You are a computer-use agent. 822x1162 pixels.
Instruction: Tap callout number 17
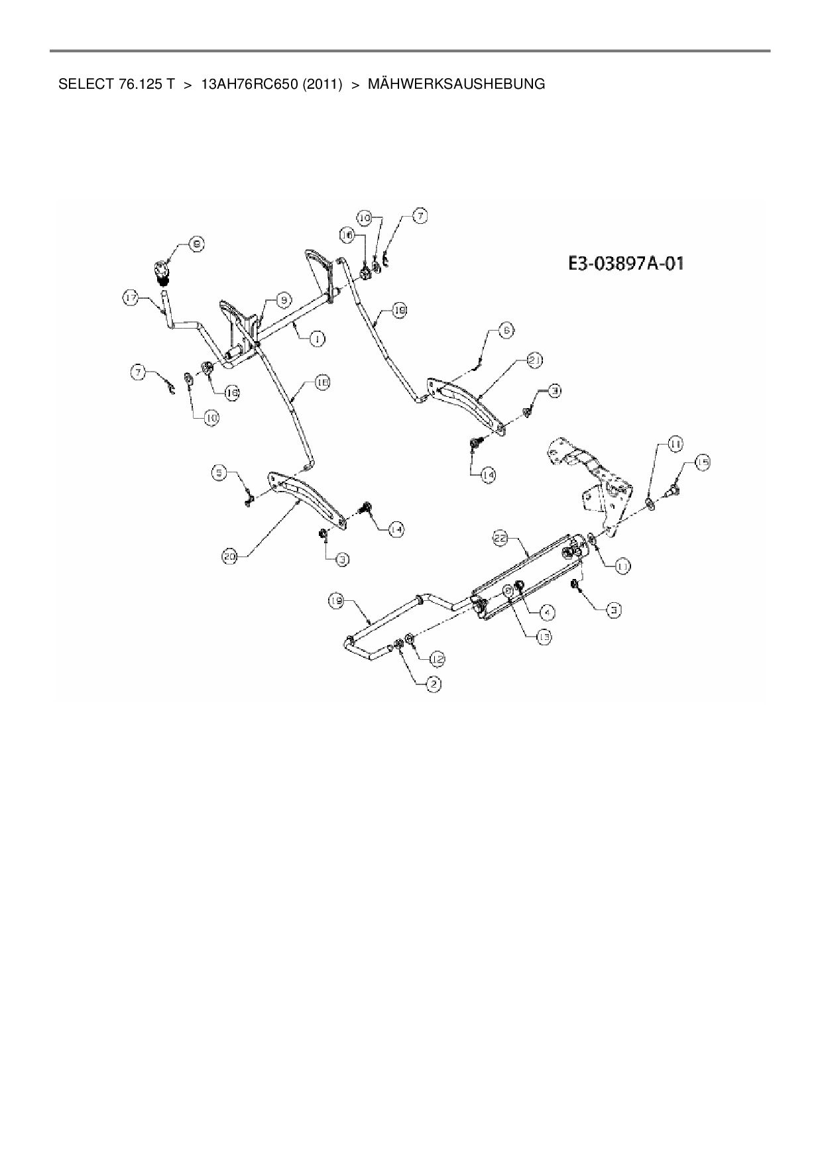coord(131,299)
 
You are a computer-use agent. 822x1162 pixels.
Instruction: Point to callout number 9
coord(283,300)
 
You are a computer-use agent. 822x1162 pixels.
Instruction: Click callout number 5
coord(220,473)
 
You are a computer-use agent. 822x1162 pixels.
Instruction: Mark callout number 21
coord(535,360)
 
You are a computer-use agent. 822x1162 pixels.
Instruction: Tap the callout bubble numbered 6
coord(505,330)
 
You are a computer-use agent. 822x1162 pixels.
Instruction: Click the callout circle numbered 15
coord(702,462)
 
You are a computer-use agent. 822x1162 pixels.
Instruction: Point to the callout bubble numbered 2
coord(433,685)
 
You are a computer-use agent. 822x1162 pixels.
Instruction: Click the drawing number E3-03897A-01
coord(625,264)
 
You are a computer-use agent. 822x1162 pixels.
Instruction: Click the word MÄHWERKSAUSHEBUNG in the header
coord(455,85)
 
